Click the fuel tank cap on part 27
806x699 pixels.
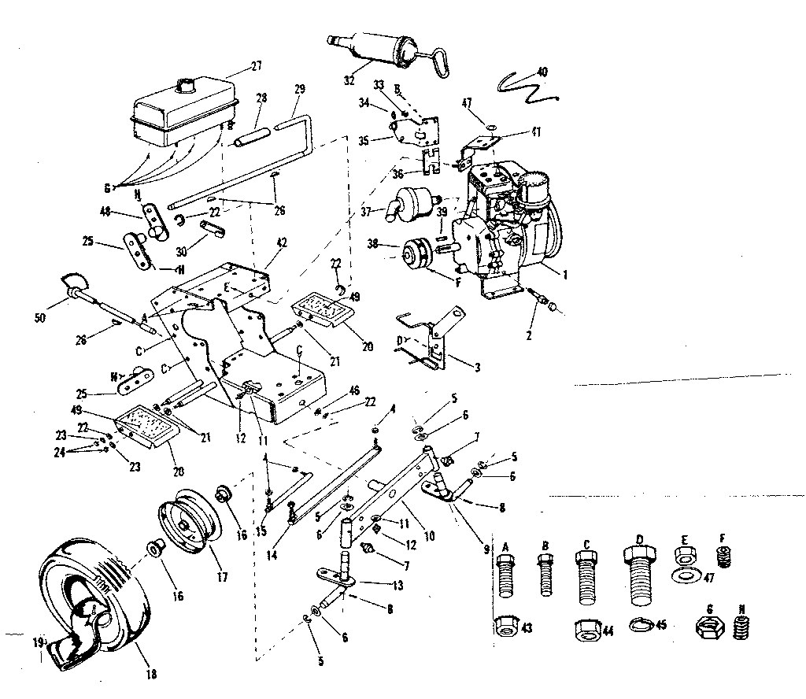[x=186, y=83]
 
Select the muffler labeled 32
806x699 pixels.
[x=379, y=46]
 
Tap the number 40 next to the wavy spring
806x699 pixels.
[x=542, y=72]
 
